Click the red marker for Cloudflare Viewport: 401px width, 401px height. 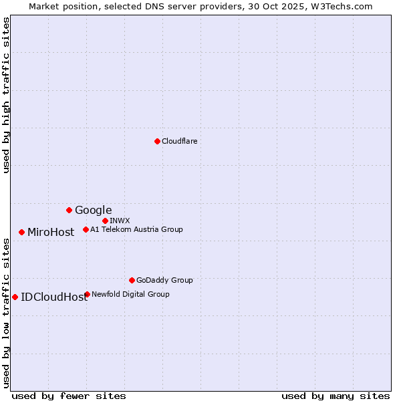(x=157, y=141)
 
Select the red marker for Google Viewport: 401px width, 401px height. (x=69, y=210)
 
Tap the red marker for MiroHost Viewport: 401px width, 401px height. (x=21, y=232)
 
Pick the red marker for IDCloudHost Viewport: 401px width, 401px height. (x=15, y=297)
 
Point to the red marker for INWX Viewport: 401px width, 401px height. (x=105, y=221)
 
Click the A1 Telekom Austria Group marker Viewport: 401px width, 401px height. (x=86, y=229)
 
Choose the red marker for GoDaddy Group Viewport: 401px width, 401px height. (x=132, y=280)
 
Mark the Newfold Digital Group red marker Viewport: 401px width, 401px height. (x=87, y=294)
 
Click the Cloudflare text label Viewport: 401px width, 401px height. (x=179, y=141)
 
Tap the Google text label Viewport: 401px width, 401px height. (x=93, y=211)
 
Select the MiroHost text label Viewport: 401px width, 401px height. (x=51, y=233)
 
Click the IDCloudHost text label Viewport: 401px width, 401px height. (x=54, y=297)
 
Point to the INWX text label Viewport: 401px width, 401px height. (x=120, y=221)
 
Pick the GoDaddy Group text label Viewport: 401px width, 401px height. (x=164, y=280)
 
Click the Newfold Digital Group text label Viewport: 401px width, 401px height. (x=130, y=294)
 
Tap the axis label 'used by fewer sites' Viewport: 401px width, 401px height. (x=69, y=396)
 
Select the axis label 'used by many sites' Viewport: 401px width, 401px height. (x=336, y=396)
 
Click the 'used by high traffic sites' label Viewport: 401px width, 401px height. (x=6, y=95)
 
